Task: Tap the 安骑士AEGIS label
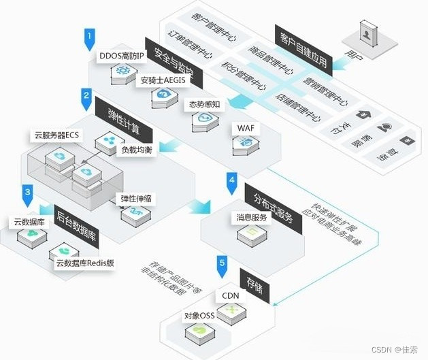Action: click(x=163, y=81)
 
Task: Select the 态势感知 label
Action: click(x=205, y=105)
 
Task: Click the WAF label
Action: click(x=245, y=128)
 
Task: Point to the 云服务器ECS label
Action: click(x=57, y=135)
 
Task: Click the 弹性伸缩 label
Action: click(x=136, y=199)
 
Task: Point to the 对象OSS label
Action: click(x=199, y=316)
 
